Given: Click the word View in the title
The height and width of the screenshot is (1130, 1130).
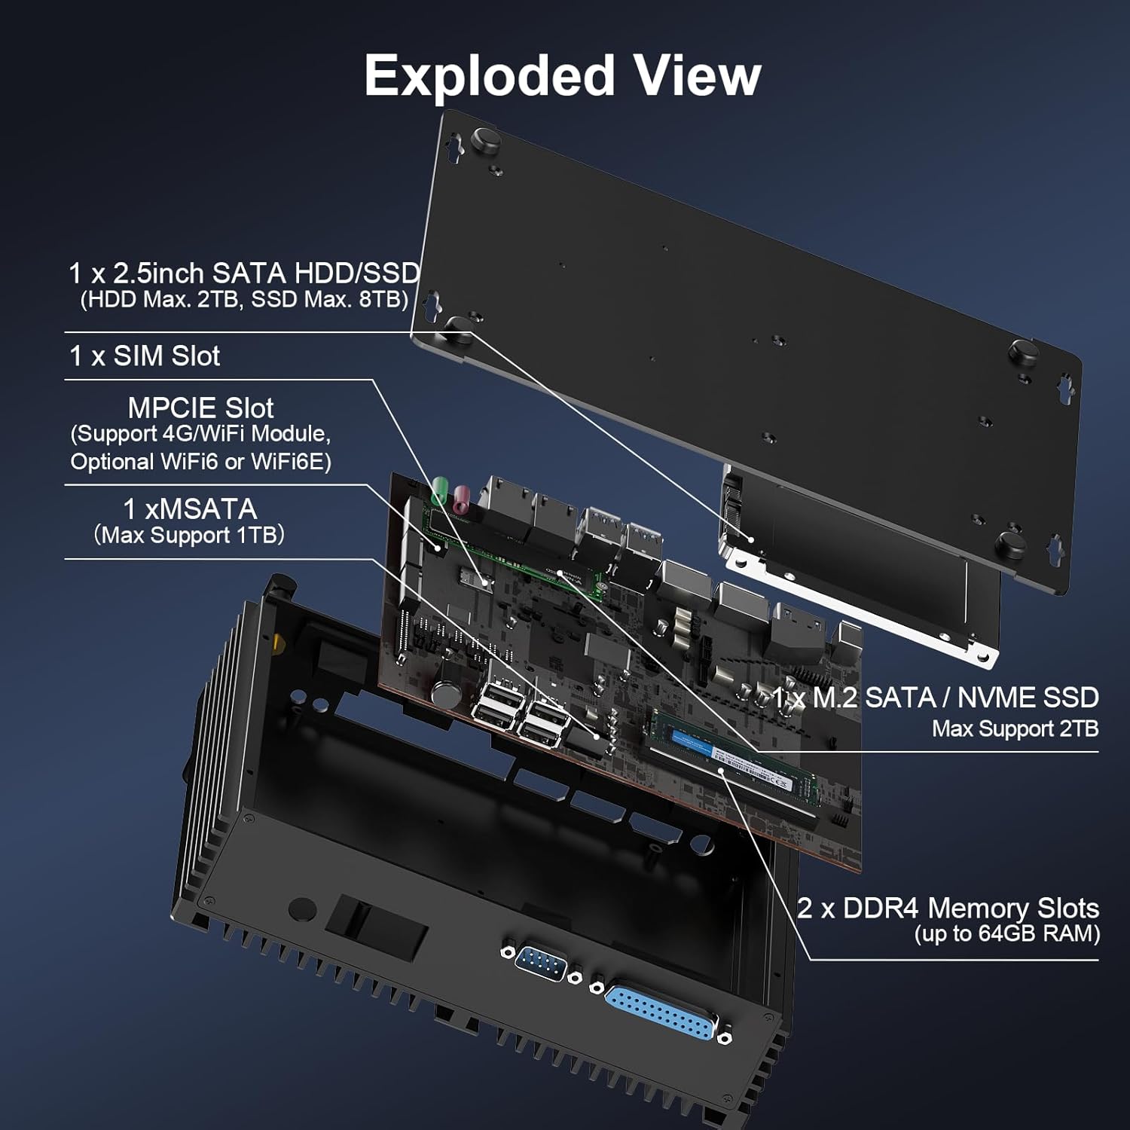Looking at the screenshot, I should [x=696, y=77].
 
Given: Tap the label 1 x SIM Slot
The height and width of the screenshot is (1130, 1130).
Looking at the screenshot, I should [x=145, y=356].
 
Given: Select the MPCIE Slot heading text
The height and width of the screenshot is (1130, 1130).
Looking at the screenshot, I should [x=200, y=408].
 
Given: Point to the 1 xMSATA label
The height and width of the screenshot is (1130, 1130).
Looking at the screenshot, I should [x=190, y=509].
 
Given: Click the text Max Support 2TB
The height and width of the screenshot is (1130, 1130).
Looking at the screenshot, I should [x=1015, y=728].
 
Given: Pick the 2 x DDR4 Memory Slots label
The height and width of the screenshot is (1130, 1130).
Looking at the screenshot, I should [x=948, y=908].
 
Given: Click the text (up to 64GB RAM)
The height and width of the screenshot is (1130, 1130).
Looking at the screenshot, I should [x=1006, y=934].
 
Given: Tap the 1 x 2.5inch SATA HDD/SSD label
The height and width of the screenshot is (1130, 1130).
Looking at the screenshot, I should [x=244, y=273].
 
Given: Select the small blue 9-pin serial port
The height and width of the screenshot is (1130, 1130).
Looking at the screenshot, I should [x=542, y=964].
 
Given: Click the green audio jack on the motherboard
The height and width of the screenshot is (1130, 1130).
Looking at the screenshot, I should [x=440, y=492].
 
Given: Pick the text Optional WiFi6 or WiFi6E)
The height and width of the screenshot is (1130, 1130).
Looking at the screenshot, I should [x=200, y=462].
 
